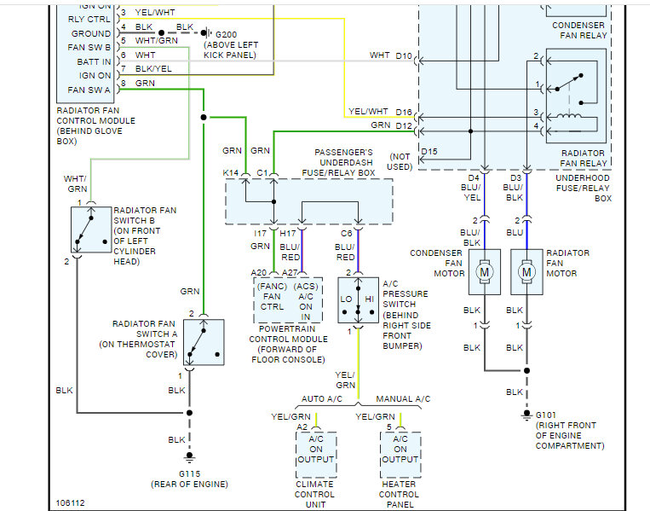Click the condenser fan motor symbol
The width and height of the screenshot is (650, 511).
click(485, 272)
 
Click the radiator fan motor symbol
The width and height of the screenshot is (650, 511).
click(526, 272)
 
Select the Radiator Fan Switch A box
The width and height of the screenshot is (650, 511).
click(204, 342)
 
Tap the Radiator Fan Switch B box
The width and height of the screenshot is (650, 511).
click(89, 229)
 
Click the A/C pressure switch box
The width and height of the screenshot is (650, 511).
click(358, 299)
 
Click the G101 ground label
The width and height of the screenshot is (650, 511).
click(545, 415)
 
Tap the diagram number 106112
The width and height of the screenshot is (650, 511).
click(71, 502)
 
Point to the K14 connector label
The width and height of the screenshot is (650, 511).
click(232, 173)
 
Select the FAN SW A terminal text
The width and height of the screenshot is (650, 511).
click(89, 90)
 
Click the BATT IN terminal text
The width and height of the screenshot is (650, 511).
click(94, 61)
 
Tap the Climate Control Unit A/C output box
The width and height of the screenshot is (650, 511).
click(316, 454)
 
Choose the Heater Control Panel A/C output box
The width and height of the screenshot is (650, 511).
click(400, 454)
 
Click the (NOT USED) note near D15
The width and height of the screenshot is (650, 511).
click(400, 162)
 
